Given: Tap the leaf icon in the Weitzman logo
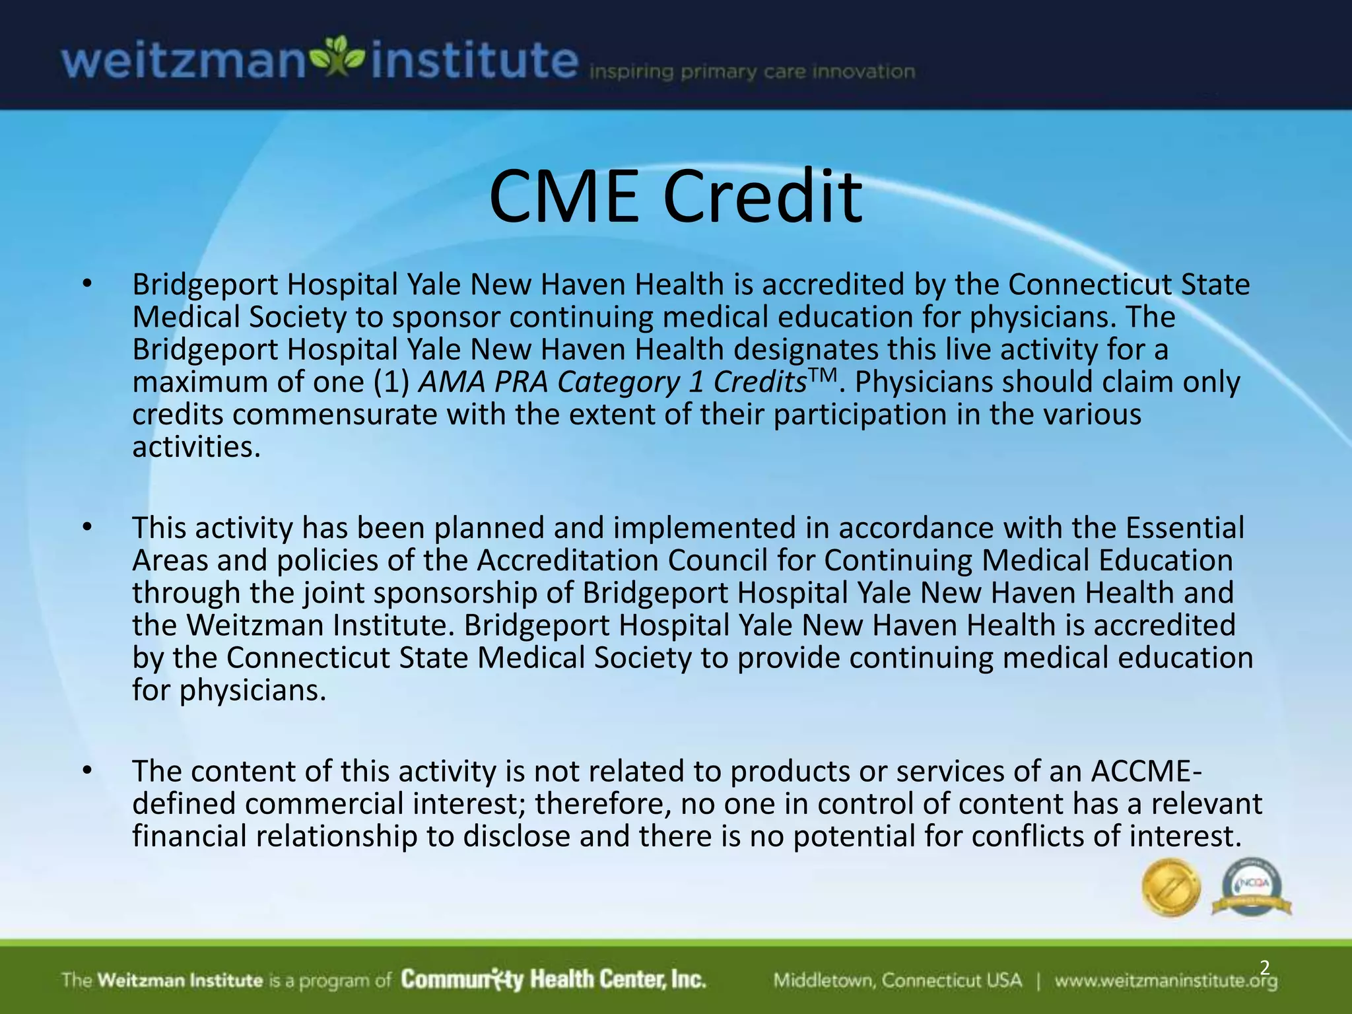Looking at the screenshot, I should (337, 59).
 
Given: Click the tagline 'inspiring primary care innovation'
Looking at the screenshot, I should (752, 72).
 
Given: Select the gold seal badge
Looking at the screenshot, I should (1171, 887).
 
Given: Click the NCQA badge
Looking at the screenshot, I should (1251, 887).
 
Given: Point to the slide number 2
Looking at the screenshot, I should (1264, 968).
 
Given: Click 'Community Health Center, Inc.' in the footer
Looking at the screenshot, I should (553, 980).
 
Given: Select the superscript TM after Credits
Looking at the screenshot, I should (823, 375).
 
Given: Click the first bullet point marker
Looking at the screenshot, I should (86, 285).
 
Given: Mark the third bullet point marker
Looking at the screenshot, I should (86, 771).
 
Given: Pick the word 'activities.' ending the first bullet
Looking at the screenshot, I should (197, 448).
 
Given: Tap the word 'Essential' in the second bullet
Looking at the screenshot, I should (1184, 528).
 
